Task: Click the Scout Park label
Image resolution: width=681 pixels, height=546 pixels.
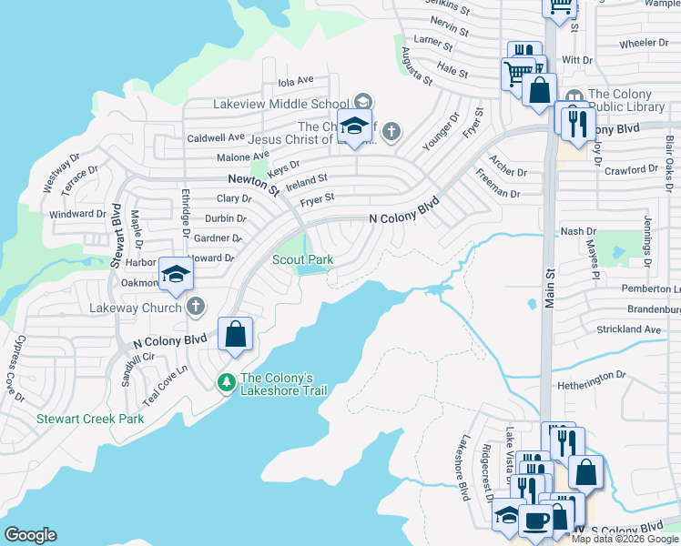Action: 303,259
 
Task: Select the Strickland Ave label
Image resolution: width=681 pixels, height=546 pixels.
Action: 628,329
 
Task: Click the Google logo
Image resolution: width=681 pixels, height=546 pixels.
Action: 30,535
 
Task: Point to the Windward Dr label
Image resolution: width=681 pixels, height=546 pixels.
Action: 77,215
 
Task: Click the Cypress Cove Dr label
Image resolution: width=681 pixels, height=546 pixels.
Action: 16,368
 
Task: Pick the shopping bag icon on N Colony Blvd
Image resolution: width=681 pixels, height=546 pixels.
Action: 236,334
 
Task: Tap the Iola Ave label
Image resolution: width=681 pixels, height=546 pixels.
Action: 295,80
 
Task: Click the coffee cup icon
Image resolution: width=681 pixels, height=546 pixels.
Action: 536,520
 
